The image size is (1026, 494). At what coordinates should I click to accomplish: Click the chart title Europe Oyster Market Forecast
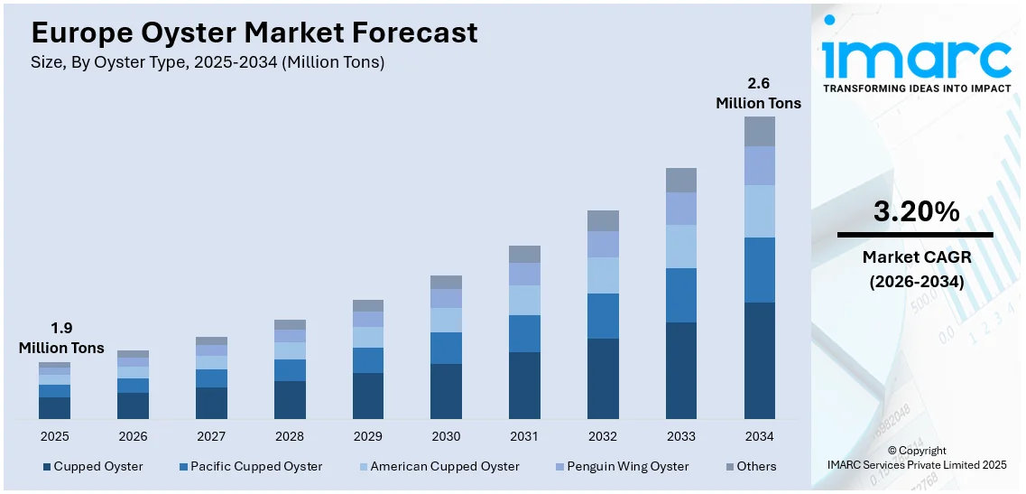(x=254, y=33)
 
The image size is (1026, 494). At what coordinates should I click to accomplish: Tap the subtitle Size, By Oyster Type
(x=208, y=63)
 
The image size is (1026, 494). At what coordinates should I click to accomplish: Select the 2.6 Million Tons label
(x=758, y=94)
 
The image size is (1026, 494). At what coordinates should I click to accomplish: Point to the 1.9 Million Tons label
(x=61, y=339)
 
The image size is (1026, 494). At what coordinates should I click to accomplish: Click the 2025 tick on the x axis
(x=54, y=436)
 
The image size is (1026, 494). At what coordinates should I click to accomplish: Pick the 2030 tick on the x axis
(x=446, y=436)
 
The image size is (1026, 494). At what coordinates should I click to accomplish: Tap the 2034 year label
(x=759, y=436)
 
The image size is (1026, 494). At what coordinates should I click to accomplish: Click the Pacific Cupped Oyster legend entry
(x=250, y=467)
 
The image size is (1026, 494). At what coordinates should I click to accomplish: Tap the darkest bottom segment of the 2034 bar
(x=759, y=360)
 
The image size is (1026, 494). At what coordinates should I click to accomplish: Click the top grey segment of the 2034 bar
(x=759, y=131)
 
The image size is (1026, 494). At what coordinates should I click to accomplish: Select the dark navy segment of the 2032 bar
(x=603, y=378)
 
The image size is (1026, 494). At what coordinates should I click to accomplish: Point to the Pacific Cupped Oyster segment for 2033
(x=681, y=295)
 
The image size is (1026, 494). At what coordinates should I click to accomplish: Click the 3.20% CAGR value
(x=916, y=212)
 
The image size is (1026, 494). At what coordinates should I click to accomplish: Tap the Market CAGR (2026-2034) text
(x=916, y=270)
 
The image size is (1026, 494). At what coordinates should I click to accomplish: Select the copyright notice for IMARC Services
(x=916, y=458)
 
